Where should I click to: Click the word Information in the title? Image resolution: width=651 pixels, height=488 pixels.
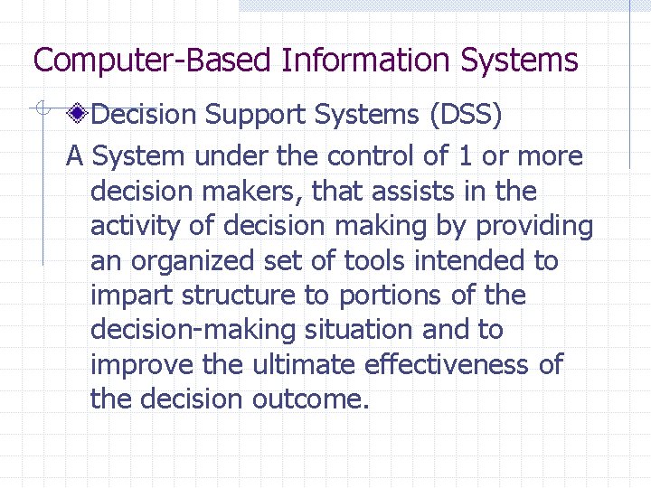[x=366, y=61]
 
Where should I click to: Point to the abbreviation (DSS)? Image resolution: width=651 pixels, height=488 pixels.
[x=466, y=116]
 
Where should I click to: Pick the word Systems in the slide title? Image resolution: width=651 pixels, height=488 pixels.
[x=519, y=61]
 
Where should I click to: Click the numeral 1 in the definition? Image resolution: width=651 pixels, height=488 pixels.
[x=465, y=156]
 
